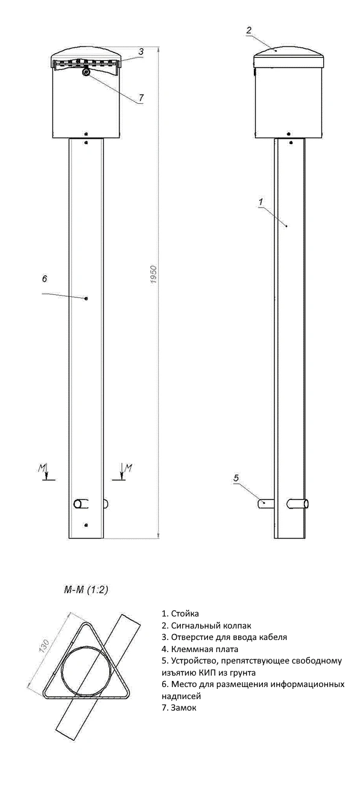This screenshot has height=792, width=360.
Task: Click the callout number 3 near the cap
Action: (x=140, y=52)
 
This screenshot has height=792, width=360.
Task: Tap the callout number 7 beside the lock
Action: (x=141, y=97)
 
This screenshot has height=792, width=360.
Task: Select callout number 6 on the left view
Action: (x=45, y=279)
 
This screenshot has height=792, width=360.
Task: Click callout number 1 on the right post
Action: (x=261, y=202)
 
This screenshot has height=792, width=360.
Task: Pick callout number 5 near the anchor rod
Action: (x=236, y=478)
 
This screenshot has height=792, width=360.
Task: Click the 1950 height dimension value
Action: (x=153, y=275)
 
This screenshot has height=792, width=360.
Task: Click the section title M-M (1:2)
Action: (x=86, y=589)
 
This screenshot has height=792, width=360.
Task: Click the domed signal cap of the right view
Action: (x=289, y=55)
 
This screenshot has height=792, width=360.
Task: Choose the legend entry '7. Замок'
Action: (x=179, y=708)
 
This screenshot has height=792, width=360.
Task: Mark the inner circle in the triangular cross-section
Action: (x=88, y=671)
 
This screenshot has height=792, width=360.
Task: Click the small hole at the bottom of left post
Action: (x=87, y=525)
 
